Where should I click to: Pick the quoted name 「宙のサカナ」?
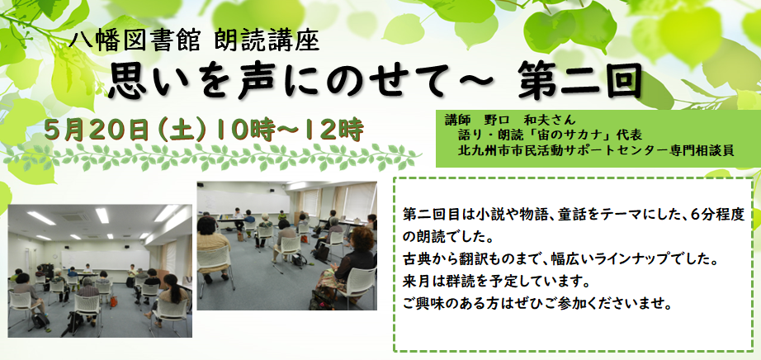click(579, 134)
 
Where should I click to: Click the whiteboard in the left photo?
click(105, 260)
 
